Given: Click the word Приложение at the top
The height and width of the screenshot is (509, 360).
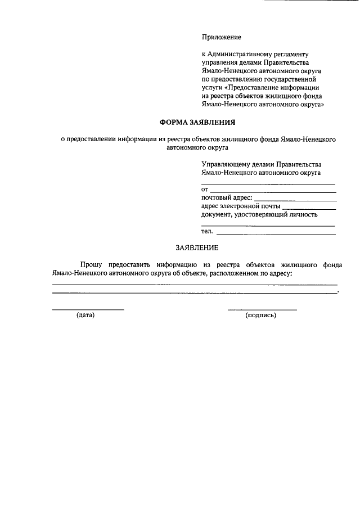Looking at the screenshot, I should (x=221, y=37).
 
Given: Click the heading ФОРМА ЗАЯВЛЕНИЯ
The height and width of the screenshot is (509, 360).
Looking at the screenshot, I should (x=196, y=122).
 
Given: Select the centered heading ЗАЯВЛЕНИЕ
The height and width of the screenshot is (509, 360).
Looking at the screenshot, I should (x=197, y=247).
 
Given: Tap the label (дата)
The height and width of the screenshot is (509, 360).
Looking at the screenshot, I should (x=85, y=315).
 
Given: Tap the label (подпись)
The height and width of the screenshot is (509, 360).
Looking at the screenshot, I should (x=261, y=315).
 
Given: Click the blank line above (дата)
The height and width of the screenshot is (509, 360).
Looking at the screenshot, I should (x=88, y=309).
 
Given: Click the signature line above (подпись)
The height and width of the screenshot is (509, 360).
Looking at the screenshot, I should (x=262, y=309).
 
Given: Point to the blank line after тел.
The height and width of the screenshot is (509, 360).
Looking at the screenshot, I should (x=276, y=233).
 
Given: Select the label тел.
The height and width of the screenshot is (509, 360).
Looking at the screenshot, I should (x=206, y=231).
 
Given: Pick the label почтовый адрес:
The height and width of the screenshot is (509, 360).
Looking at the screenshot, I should (x=227, y=197).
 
